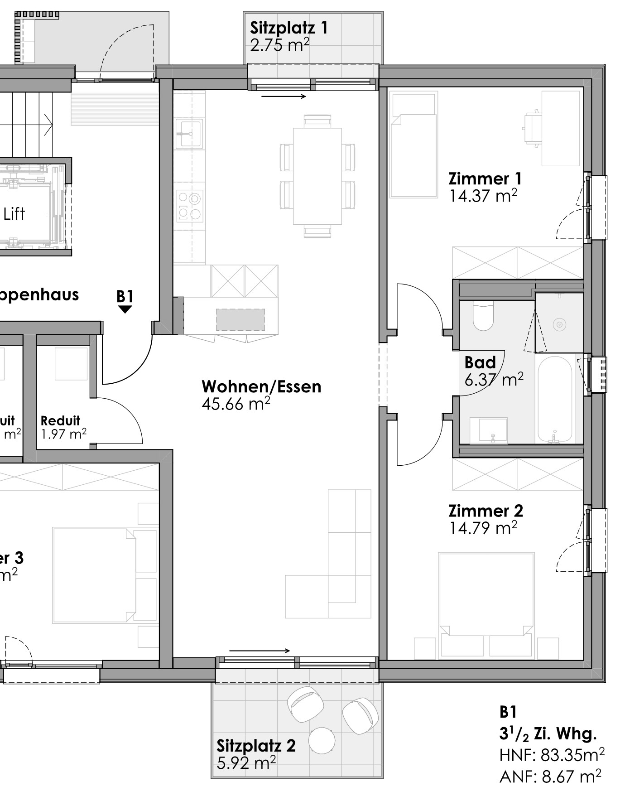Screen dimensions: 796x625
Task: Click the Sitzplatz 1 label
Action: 288,28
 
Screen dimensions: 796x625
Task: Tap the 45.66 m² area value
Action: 236,404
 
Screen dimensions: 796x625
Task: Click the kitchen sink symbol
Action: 189,134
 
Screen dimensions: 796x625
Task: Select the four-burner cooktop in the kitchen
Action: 189,205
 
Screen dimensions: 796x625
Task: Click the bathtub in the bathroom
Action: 554,399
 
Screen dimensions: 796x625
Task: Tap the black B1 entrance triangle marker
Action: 125,309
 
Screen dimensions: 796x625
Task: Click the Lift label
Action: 14,214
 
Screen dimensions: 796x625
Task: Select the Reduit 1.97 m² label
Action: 62,427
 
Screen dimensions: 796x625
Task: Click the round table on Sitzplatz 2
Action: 322,740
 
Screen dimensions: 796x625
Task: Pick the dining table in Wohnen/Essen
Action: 317,176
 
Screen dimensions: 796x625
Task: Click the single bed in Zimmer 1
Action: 413,145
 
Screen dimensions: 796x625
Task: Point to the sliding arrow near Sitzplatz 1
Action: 284,96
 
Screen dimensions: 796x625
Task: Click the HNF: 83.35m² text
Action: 552,755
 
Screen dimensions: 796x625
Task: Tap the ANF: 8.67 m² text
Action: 550,777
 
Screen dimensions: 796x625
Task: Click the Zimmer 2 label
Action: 486,511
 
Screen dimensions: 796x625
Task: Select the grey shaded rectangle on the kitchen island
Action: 240,319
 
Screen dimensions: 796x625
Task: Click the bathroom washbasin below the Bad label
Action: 488,430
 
